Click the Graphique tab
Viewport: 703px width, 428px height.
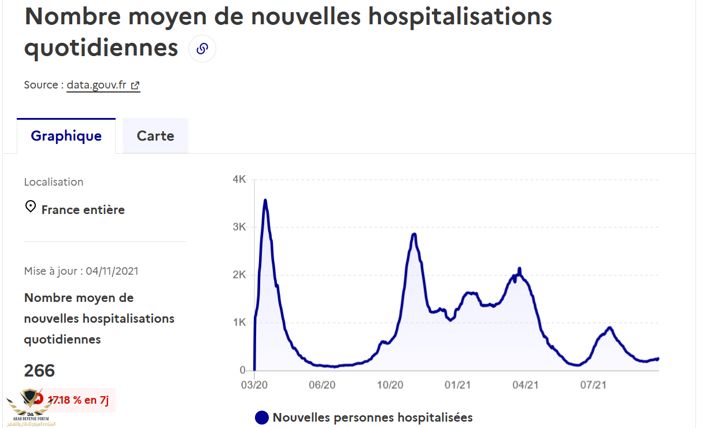tap(66, 136)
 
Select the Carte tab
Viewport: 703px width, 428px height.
tap(156, 136)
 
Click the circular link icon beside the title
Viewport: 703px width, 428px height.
tap(202, 49)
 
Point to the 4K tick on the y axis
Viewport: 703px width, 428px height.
tap(239, 180)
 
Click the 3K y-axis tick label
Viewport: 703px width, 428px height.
tap(239, 227)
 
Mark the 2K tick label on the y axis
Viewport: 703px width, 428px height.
tap(239, 275)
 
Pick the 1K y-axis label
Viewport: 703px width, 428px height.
tap(239, 323)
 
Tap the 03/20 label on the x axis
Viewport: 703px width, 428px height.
tap(254, 385)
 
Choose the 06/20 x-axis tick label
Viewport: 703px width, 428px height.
tap(322, 385)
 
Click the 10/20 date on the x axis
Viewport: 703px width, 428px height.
tap(390, 385)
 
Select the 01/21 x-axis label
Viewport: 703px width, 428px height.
tap(458, 385)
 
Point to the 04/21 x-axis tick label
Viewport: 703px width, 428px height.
tap(526, 385)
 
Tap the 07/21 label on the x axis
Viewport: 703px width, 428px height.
tap(594, 385)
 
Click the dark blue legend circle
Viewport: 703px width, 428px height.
tap(262, 417)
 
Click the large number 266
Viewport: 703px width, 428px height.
tap(39, 371)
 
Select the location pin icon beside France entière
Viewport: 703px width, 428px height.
tap(31, 206)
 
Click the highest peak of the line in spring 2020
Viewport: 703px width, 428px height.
tap(265, 200)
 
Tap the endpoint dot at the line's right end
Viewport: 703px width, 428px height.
tap(658, 359)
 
